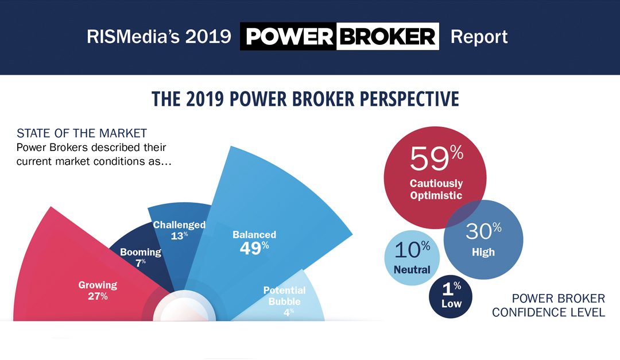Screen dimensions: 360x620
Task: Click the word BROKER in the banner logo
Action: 387,37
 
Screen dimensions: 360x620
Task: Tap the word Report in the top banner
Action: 479,37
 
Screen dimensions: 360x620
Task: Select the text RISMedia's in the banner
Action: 125,37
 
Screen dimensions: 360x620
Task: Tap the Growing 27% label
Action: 98,291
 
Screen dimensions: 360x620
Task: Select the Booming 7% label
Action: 140,257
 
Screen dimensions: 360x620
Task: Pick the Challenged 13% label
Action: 179,230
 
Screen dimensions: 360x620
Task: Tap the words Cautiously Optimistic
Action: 436,189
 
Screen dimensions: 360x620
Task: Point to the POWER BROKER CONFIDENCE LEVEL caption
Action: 548,305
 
